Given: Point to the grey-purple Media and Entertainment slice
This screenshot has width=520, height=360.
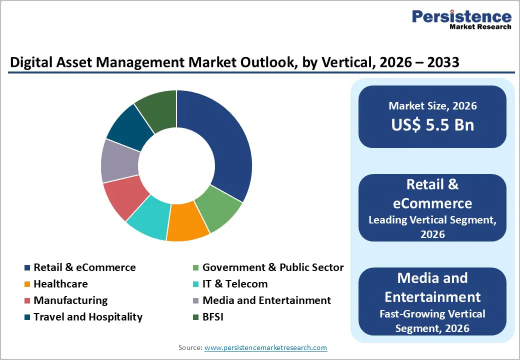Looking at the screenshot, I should pos(120,161).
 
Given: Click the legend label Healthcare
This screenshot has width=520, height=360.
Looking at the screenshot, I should pos(60,284).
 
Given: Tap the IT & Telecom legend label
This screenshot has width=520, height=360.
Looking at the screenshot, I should pos(234,284).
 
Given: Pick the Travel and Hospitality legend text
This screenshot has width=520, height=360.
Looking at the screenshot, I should pos(88,317).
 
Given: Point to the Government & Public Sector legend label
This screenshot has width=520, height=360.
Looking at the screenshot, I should pos(272,267).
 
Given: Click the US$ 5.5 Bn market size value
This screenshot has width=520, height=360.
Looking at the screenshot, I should pos(432,124).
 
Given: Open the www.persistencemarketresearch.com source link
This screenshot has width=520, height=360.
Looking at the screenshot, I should pos(265,347).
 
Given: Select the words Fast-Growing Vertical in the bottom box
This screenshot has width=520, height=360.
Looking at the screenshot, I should pos(432,314).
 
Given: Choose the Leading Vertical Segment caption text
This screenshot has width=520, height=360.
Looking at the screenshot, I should pos(432,219).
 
